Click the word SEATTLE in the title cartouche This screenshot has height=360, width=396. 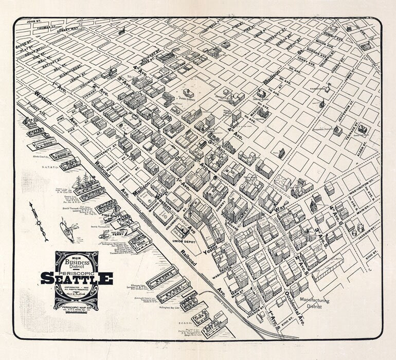pyautogui.click(x=77, y=278)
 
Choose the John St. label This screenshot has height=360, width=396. pyautogui.click(x=34, y=22)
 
